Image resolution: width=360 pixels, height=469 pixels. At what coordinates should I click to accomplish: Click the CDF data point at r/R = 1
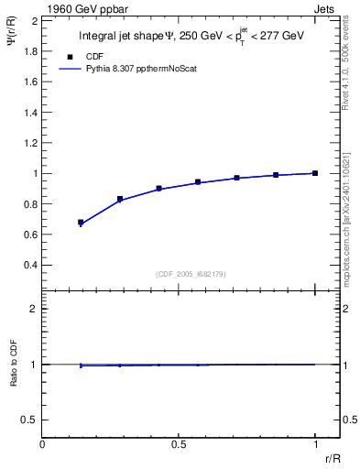314,173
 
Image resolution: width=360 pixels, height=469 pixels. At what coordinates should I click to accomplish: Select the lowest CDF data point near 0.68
81,223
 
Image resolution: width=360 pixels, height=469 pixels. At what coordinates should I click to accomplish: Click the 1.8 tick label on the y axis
30,50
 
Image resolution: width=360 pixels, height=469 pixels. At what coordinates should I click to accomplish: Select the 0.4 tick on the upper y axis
30,265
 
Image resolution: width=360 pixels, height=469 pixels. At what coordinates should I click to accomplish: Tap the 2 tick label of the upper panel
35,20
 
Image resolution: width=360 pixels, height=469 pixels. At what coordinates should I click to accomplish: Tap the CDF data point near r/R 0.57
198,182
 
